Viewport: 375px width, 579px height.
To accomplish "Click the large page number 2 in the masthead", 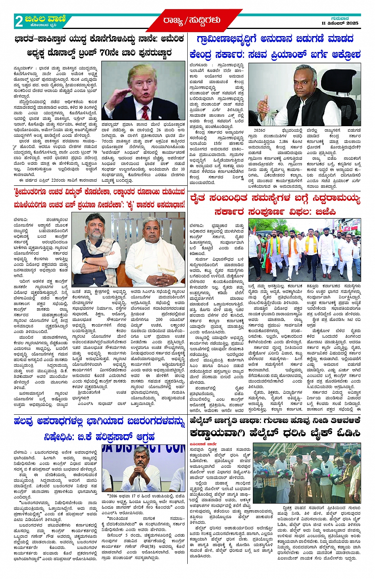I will point(19,21).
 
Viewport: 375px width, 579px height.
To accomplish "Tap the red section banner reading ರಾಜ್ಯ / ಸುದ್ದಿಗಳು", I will point(191,20).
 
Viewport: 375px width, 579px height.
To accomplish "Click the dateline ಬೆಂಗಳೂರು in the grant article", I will point(198,65).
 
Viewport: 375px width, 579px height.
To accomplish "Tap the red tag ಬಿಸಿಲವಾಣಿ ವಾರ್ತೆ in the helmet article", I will point(202,444).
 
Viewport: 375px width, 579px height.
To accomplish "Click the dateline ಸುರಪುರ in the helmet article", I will point(196,450).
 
